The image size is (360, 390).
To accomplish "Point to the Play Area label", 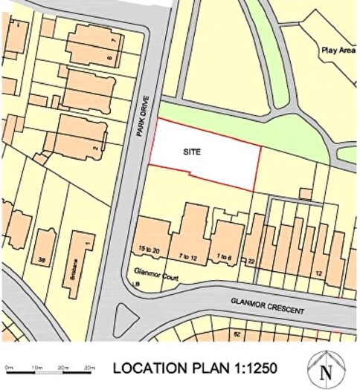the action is pos(338,51).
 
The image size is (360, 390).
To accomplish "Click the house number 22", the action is pos(251,261).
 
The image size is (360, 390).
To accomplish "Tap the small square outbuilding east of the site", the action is pos(306,193).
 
